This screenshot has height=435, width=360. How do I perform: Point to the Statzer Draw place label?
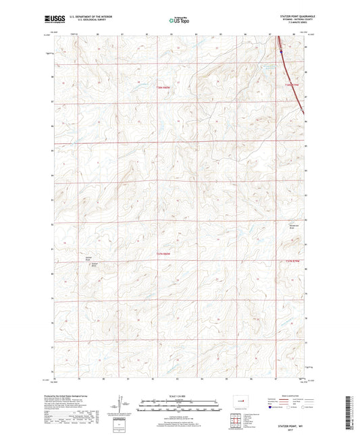(x=88, y=257)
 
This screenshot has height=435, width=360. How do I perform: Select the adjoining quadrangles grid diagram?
(x=236, y=409)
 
